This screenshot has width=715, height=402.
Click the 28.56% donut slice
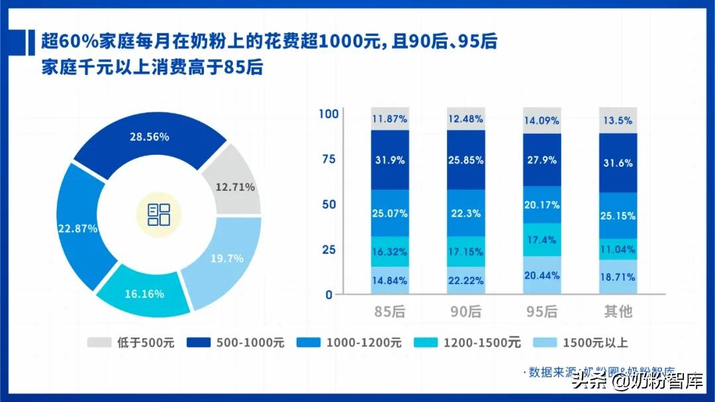click(150, 138)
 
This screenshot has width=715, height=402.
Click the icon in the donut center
click(159, 214)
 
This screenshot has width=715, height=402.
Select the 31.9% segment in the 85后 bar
click(390, 160)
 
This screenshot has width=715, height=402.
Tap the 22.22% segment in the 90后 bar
click(465, 281)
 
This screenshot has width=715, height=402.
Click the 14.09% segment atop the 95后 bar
click(542, 121)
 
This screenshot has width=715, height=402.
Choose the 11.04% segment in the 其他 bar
click(618, 249)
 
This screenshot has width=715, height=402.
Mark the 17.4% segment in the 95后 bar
click(542, 240)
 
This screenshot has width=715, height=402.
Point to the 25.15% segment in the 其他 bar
click(618, 216)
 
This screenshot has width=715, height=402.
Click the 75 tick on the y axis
click(328, 159)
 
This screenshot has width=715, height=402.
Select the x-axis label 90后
click(465, 311)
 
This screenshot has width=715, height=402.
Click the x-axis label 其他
click(618, 311)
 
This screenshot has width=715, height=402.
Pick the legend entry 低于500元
click(130, 342)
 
